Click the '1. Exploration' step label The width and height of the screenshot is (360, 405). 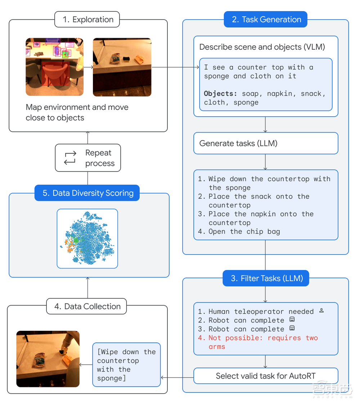(x=87, y=19)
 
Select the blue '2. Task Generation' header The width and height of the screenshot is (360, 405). (x=265, y=19)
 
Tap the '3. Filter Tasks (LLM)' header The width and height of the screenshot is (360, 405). (x=265, y=278)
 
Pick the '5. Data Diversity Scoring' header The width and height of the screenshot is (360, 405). (x=87, y=193)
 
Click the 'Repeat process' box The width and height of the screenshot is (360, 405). (x=88, y=158)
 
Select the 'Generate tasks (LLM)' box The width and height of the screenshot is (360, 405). (x=265, y=143)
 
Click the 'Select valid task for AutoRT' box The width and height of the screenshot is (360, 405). (x=265, y=376)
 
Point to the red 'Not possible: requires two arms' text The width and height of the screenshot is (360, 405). (x=258, y=342)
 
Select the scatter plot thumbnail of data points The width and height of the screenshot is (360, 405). (x=87, y=238)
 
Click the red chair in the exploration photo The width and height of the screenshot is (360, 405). (x=55, y=74)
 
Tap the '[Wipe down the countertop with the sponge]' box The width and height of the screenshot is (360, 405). (x=126, y=365)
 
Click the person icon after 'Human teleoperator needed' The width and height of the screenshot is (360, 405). (x=321, y=310)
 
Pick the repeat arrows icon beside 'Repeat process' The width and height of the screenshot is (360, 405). (x=70, y=158)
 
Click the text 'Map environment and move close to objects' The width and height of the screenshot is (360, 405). (x=77, y=112)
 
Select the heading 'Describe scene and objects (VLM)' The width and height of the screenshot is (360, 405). (x=262, y=47)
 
